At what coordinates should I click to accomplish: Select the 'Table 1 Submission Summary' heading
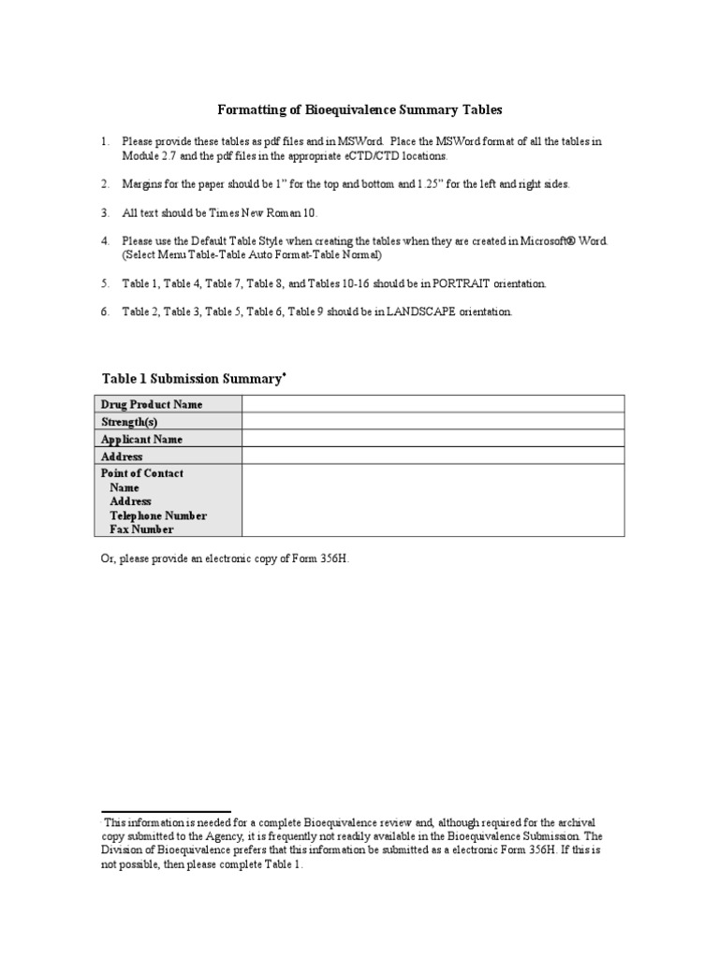[191, 379]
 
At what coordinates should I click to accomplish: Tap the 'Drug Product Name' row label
[152, 404]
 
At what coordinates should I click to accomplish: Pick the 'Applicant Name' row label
[142, 439]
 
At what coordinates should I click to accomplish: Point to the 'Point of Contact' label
[142, 473]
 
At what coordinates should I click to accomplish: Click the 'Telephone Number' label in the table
[158, 515]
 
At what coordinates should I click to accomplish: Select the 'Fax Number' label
[141, 530]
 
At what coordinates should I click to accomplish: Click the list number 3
[105, 213]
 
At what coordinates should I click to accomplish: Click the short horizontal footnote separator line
[166, 812]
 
